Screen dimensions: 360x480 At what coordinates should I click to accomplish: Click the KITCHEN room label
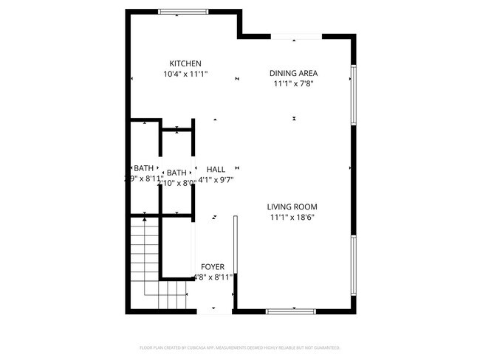point(185,63)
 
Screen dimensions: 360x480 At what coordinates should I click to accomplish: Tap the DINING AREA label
point(293,73)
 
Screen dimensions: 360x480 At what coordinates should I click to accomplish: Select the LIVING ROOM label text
point(292,207)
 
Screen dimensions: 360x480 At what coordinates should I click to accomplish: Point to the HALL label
point(216,170)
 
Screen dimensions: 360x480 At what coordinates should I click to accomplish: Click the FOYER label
point(213,267)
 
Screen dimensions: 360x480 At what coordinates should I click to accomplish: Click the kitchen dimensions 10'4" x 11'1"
point(185,75)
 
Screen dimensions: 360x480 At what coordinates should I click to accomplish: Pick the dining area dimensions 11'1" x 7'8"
point(293,84)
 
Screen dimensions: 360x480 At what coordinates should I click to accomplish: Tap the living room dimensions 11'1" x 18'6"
point(292,218)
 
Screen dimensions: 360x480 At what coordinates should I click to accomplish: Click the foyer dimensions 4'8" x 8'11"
point(213,277)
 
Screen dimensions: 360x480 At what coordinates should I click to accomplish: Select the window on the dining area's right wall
point(354,95)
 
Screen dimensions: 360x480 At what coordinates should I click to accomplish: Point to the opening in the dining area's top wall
point(296,36)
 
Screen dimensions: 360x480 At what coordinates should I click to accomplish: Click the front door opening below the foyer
point(215,311)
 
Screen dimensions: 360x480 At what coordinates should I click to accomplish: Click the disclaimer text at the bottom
point(239,347)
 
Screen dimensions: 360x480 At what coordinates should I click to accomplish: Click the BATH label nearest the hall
point(176,173)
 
